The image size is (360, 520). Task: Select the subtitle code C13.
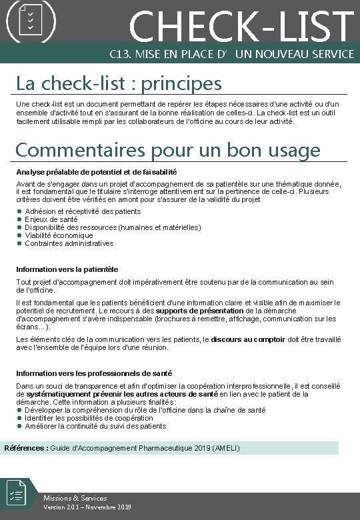120,53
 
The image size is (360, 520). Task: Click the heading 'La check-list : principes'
119,83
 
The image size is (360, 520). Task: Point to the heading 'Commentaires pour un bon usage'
167,150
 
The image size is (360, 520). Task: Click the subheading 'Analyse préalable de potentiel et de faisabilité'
96,172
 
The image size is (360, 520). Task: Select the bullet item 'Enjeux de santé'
51,219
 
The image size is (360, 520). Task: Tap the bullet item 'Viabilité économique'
59,235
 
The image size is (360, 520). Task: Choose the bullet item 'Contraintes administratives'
69,243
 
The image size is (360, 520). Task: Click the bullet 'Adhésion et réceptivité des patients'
83,211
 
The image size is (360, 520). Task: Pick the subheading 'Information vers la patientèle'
67,269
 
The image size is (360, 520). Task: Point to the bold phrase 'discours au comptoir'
249,339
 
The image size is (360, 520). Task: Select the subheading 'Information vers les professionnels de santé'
94,373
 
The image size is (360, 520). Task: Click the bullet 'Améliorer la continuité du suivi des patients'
95,426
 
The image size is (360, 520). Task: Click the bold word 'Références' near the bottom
26,448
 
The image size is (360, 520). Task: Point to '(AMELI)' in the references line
226,448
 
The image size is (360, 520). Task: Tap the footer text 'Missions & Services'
75,498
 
